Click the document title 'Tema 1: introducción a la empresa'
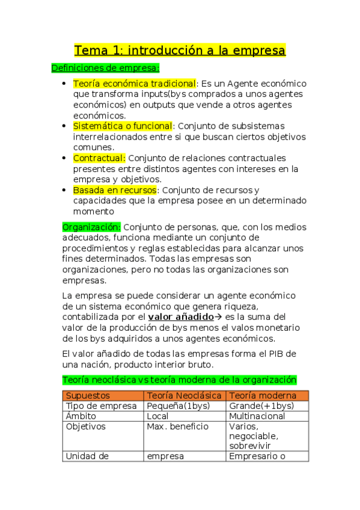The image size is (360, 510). [x=180, y=50]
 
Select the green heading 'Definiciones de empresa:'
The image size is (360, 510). [x=105, y=68]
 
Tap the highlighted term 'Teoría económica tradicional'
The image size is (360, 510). [x=135, y=84]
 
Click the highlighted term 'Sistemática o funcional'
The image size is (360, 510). [x=123, y=126]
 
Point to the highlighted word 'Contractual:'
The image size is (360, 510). [x=99, y=158]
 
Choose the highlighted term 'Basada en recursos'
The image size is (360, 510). [x=114, y=190]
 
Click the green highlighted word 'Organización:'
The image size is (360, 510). [x=91, y=227]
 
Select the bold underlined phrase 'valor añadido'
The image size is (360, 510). [x=181, y=316]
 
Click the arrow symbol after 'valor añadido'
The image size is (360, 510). [x=219, y=316]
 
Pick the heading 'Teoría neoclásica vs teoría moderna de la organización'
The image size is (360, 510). [x=180, y=379]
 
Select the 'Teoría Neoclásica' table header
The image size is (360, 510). [x=185, y=396]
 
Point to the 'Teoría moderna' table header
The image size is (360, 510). [x=263, y=396]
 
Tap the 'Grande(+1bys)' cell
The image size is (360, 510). [x=261, y=406]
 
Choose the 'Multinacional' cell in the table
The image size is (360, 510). [x=257, y=416]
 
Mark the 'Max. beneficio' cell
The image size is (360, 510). [x=178, y=426]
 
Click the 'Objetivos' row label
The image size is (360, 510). [x=85, y=426]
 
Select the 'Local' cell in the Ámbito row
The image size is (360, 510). [x=158, y=416]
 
